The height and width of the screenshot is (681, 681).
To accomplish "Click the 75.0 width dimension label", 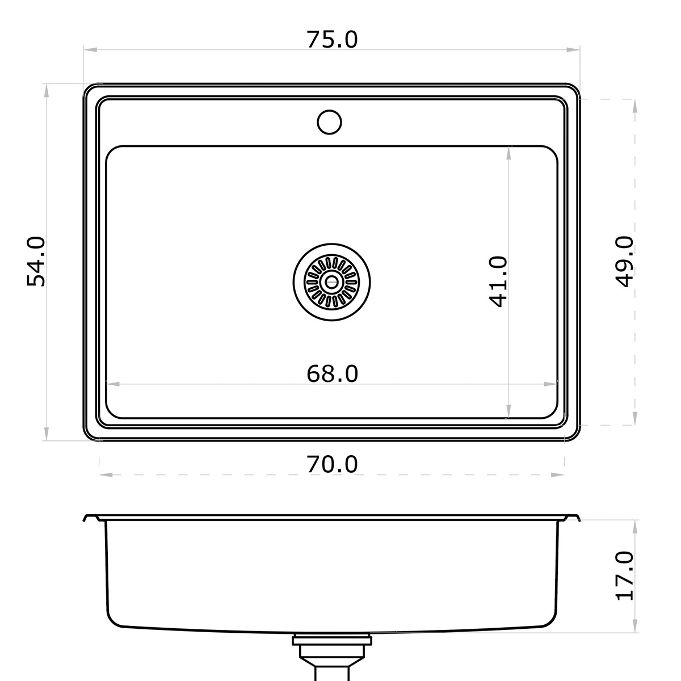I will pyautogui.click(x=332, y=40).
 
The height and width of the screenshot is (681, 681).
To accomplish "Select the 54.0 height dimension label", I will pyautogui.click(x=36, y=262).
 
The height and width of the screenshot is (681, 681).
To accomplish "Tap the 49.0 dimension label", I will pyautogui.click(x=624, y=262).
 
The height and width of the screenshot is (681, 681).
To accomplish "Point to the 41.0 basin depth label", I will pyautogui.click(x=498, y=281).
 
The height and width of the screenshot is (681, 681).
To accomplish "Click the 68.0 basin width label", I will pyautogui.click(x=332, y=373).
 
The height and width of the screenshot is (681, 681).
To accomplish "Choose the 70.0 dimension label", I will pyautogui.click(x=332, y=464).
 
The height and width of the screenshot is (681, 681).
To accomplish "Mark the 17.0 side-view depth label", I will pyautogui.click(x=624, y=575).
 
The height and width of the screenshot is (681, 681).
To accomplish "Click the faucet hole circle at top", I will pyautogui.click(x=329, y=122).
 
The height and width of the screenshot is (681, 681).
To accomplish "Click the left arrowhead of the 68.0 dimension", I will pyautogui.click(x=111, y=384).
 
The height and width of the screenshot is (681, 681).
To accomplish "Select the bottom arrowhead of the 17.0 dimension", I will pyautogui.click(x=634, y=627).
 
